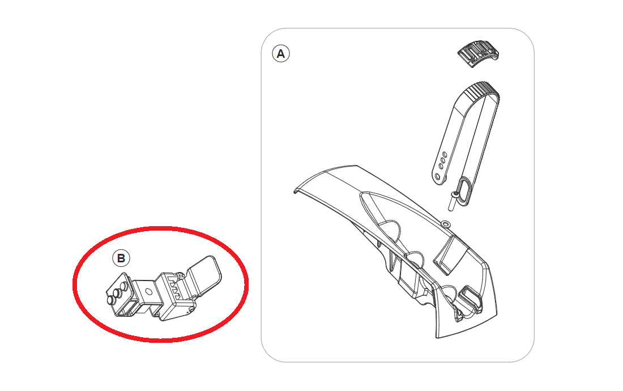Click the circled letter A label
point(281,54)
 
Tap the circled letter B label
point(121,258)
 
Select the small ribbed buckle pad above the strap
point(478,54)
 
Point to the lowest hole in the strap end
point(437,176)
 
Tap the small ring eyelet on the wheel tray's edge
point(446,224)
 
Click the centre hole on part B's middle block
point(148,291)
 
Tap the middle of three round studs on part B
point(118,294)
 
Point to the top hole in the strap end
point(445,155)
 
